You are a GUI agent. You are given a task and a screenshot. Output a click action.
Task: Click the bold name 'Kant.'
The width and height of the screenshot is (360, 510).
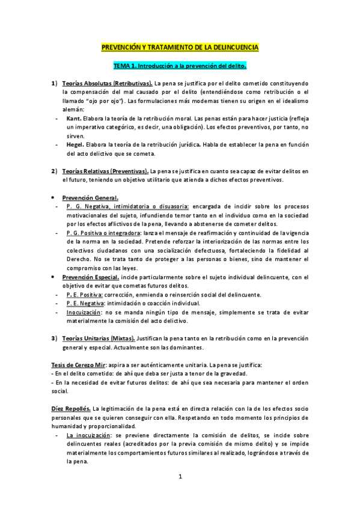[x=75, y=118]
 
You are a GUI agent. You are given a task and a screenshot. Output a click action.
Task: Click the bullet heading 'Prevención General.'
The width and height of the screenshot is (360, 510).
[x=90, y=198]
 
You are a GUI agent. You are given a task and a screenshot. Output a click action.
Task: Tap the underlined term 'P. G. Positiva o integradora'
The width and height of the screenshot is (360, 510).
[x=103, y=232]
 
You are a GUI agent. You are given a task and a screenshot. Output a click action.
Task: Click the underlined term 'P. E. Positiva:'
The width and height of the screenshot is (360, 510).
[x=85, y=295]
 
